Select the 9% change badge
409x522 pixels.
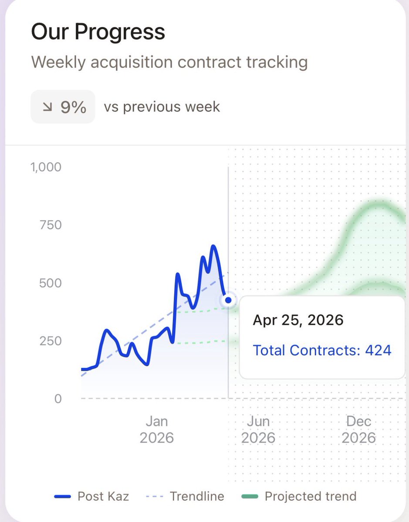pyautogui.click(x=63, y=107)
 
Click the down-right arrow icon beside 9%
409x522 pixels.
pyautogui.click(x=47, y=107)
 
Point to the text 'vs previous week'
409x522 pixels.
pyautogui.click(x=162, y=107)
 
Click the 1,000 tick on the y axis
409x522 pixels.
pyautogui.click(x=46, y=167)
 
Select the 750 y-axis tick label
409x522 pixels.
pyautogui.click(x=51, y=225)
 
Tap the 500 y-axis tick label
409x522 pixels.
pyautogui.click(x=51, y=283)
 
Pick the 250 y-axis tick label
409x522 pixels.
pyautogui.click(x=51, y=341)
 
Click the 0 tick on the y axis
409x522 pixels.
pyautogui.click(x=58, y=399)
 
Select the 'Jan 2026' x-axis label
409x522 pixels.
pyautogui.click(x=157, y=430)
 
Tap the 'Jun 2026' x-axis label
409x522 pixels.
pyautogui.click(x=258, y=430)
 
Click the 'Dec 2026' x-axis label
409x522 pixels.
pyautogui.click(x=359, y=430)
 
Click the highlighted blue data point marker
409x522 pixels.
pyautogui.click(x=228, y=300)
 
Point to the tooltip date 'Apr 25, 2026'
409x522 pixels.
pyautogui.click(x=298, y=320)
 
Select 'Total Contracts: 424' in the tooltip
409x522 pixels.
pyautogui.click(x=322, y=350)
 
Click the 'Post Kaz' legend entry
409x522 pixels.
pyautogui.click(x=91, y=496)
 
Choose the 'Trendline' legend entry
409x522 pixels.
pyautogui.click(x=185, y=496)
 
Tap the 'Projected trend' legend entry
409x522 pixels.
pyautogui.click(x=299, y=496)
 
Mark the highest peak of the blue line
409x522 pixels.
pyautogui.click(x=213, y=246)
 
